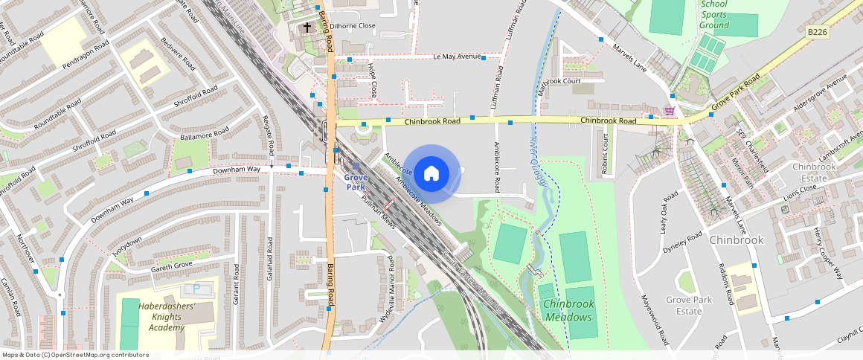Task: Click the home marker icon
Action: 431,174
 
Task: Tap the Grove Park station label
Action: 356,181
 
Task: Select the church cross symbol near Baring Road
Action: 307,28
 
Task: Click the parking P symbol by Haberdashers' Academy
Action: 196,288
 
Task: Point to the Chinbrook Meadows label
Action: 569,310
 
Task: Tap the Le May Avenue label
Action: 456,57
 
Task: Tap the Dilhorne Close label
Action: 354,26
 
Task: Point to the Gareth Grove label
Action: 172,265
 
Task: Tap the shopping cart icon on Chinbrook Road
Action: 670,111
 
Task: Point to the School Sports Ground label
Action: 714,15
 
